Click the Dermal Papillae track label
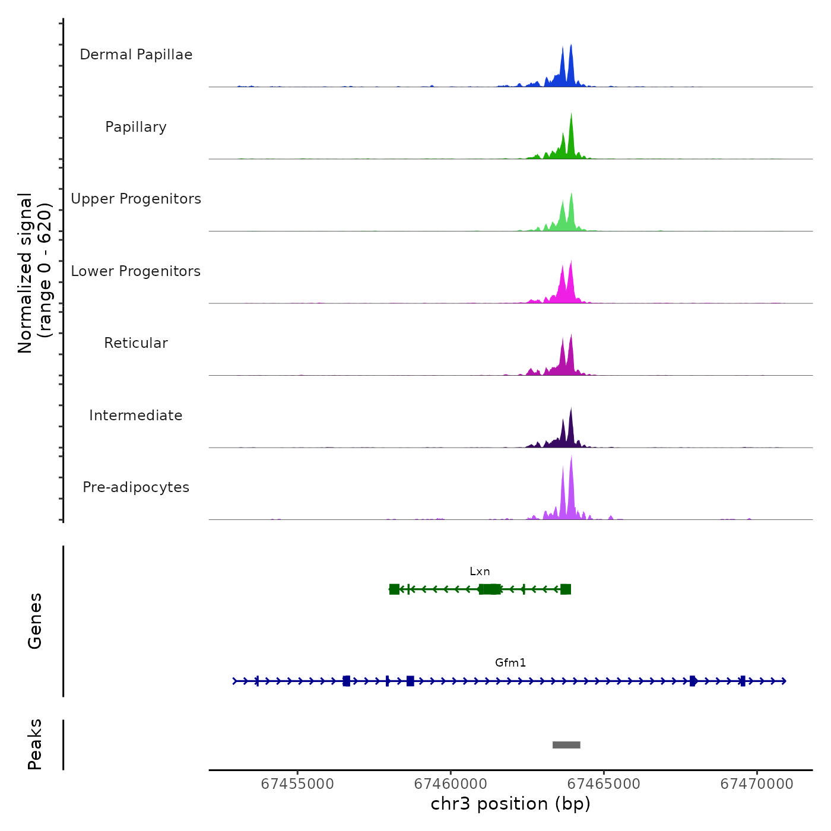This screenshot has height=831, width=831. click(x=136, y=55)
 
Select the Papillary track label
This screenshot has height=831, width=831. click(x=136, y=127)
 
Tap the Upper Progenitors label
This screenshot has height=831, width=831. click(x=136, y=199)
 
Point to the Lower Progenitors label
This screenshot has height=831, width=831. click(x=136, y=271)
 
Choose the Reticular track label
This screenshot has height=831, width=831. click(x=136, y=343)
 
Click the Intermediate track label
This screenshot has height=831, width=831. click(x=136, y=415)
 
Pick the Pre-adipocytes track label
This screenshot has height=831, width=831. click(x=136, y=487)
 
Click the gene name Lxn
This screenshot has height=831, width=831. click(x=480, y=572)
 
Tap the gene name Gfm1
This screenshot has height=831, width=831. click(x=510, y=663)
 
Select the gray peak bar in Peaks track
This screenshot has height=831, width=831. click(x=566, y=745)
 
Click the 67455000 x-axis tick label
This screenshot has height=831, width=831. click(x=297, y=784)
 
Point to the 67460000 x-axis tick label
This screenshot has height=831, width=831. click(x=451, y=784)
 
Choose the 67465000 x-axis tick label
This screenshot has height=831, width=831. click(x=604, y=784)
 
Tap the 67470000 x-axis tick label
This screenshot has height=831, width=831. click(x=757, y=784)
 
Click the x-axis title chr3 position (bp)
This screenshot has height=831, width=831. click(x=510, y=804)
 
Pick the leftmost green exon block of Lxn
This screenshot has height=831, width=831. click(x=394, y=589)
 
